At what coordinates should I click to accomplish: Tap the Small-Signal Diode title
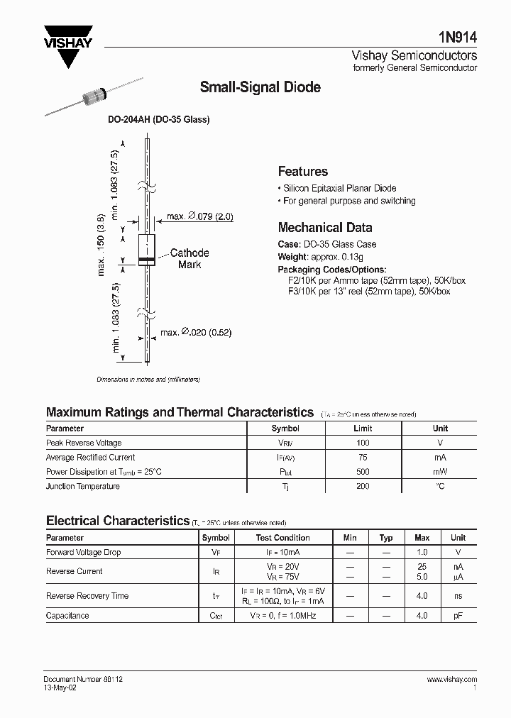(x=260, y=87)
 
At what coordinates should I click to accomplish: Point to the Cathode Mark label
(x=189, y=258)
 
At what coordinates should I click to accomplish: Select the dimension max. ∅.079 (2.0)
(x=199, y=216)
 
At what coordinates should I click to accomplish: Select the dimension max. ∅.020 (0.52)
(x=196, y=332)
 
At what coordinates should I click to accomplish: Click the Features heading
(x=302, y=171)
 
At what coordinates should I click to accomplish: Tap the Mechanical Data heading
(x=325, y=228)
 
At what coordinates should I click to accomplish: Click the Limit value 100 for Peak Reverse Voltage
(x=363, y=443)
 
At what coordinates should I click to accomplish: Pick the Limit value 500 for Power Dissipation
(x=363, y=472)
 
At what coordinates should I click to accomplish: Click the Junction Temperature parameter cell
(x=83, y=486)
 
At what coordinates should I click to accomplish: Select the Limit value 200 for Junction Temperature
(x=363, y=486)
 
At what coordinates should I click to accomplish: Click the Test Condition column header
(x=282, y=538)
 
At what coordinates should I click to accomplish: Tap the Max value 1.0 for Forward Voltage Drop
(x=422, y=552)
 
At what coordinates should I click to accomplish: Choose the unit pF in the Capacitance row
(x=458, y=616)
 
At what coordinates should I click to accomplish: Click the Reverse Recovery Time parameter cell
(x=87, y=596)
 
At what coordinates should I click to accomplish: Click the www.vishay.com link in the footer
(x=452, y=679)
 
